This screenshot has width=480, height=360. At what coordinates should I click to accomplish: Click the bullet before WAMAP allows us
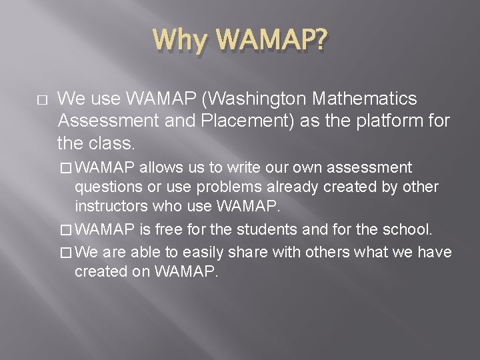[65, 167]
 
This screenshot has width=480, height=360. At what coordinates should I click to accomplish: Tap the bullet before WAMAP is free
[65, 231]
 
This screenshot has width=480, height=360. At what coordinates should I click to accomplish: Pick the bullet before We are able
[65, 252]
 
